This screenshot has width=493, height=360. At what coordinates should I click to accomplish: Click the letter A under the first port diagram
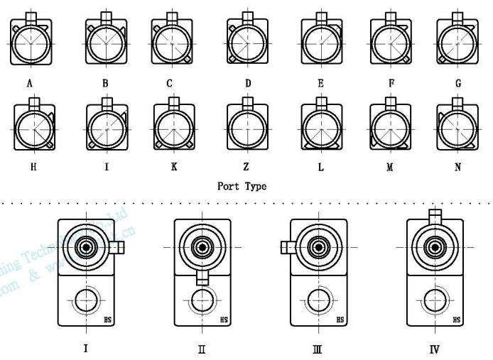(30, 84)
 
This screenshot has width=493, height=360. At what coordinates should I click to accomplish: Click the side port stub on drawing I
(117, 246)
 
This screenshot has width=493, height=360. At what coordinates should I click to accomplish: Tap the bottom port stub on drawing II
(202, 277)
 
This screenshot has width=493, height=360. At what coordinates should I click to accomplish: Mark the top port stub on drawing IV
(434, 214)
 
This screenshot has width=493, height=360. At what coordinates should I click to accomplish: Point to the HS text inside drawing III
(340, 321)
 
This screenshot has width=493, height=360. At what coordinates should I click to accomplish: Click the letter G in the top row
(458, 84)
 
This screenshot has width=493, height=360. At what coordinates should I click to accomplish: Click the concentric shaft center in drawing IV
(434, 248)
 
